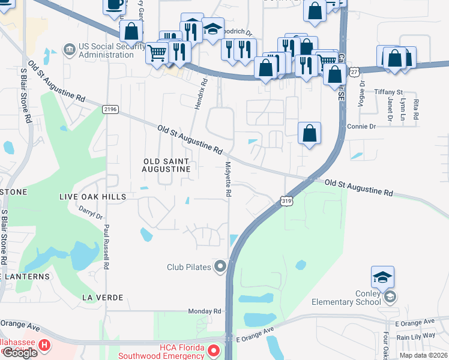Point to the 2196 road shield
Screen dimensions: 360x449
[110, 109]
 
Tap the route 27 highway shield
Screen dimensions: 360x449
[355, 72]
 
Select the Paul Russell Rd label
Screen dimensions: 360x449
[106, 246]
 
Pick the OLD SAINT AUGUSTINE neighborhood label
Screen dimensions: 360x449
[166, 166]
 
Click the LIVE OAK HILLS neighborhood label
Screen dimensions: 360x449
[92, 197]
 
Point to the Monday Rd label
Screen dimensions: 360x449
[205, 311]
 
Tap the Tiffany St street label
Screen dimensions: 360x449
[388, 92]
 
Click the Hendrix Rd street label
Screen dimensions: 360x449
[200, 93]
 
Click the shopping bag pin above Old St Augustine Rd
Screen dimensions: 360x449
[309, 133]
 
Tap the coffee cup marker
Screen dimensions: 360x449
[114, 6]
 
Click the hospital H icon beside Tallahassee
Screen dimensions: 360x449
[44, 346]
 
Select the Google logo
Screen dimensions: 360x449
[20, 353]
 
